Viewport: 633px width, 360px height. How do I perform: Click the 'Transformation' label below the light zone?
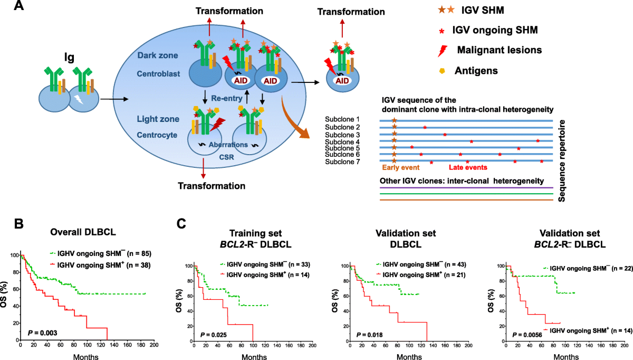click(211, 186)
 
